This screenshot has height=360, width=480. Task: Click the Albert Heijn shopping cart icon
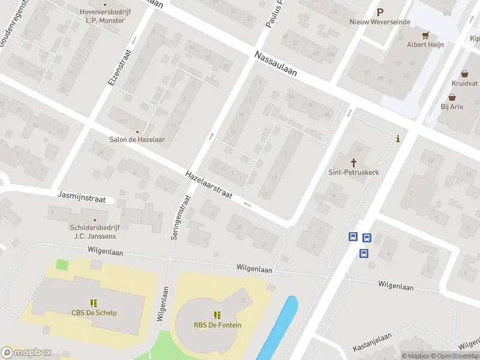click(425, 35)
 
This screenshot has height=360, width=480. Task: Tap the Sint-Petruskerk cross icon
click(354, 162)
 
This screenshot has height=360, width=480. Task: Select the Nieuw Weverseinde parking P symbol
click(379, 11)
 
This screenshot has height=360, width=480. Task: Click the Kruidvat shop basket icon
click(465, 73)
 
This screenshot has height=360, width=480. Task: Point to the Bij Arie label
click(453, 107)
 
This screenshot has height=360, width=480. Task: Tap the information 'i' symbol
click(398, 139)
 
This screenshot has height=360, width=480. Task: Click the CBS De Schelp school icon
click(94, 302)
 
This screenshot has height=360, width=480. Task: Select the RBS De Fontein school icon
click(217, 314)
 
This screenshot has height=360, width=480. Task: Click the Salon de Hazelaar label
click(137, 140)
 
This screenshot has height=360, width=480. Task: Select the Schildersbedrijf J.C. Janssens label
click(94, 232)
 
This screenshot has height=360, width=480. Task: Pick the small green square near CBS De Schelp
click(62, 264)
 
